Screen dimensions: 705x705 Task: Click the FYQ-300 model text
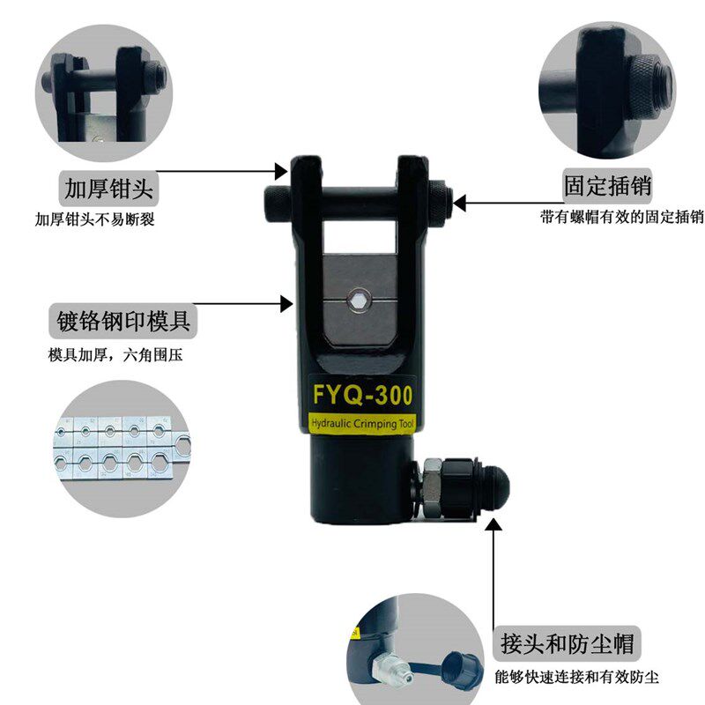coord(362,395)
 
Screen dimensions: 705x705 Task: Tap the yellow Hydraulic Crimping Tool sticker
coord(362,424)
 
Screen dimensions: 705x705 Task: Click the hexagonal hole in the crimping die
coord(359,300)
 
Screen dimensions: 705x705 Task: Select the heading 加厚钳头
coord(108,188)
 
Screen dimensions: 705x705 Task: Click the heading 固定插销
coord(607,186)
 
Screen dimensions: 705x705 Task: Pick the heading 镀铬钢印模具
coord(123,321)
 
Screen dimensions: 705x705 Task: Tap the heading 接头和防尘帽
coord(567,643)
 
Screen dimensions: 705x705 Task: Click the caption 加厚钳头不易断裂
coord(95,219)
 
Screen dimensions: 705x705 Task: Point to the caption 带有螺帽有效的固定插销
coord(622,217)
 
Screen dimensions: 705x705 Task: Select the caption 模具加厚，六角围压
coord(115,355)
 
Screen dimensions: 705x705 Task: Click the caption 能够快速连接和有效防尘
coord(577,676)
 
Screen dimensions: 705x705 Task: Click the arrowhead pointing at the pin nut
coord(459,203)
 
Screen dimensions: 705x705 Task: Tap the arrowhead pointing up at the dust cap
coord(493,524)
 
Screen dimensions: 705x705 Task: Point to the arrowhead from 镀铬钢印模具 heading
coord(286,304)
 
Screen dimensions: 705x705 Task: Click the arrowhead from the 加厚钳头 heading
coord(281,171)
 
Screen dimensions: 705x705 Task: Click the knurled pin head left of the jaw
coord(278,204)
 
